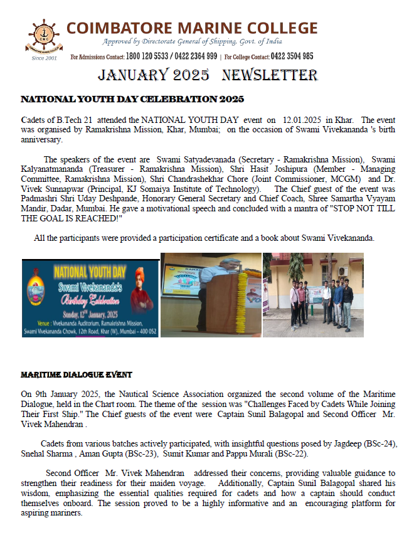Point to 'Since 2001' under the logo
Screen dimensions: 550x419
tap(44, 58)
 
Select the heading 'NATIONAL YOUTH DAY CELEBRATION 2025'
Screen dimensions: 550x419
tap(132, 99)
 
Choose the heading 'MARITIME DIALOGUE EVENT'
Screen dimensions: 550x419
tap(77, 375)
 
